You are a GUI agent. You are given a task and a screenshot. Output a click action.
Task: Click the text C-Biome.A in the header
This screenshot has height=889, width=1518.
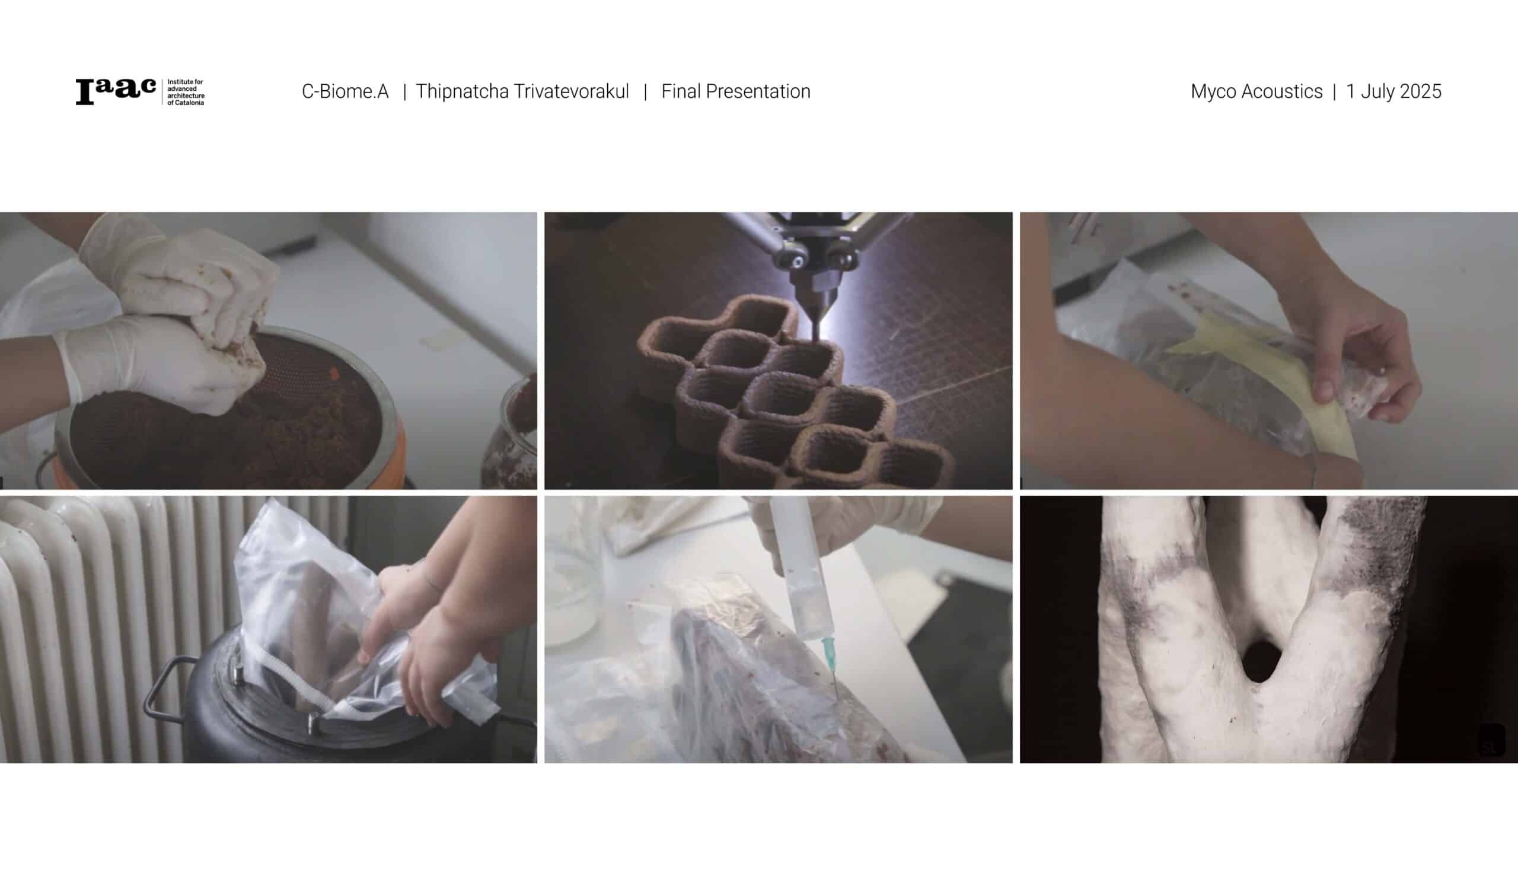pos(345,91)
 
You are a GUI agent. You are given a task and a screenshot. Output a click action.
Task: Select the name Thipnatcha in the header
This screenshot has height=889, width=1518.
pos(461,91)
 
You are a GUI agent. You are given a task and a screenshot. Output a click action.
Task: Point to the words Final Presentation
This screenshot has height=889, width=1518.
pos(735,91)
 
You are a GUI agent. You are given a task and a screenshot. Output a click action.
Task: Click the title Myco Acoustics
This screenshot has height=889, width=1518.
pos(1257,91)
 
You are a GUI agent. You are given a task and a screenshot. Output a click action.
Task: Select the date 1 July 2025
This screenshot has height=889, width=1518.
pos(1394,91)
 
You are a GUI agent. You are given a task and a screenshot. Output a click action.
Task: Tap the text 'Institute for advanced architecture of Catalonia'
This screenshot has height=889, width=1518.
pos(186,92)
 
